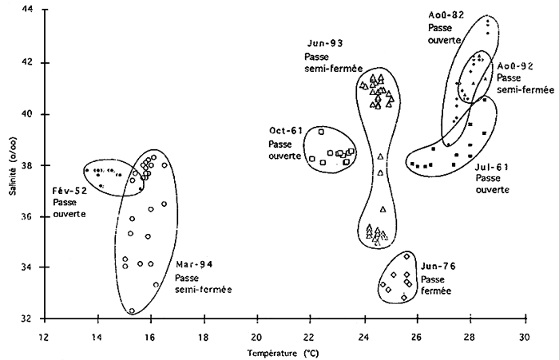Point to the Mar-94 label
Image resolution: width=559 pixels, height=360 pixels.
(195, 264)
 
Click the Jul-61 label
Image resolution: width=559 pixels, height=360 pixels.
(491, 168)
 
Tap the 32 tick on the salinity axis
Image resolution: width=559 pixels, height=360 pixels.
(28, 318)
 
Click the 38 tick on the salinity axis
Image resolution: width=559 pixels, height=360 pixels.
(28, 164)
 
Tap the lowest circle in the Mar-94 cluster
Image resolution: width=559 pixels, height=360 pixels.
(132, 311)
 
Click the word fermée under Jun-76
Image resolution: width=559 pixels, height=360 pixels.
(436, 291)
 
